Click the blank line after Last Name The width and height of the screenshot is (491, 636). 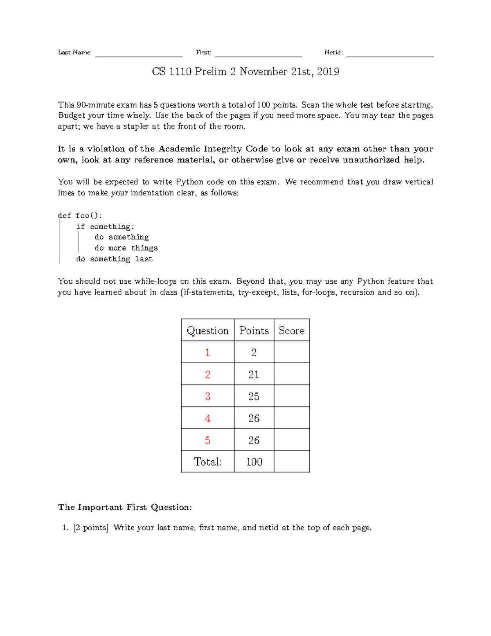tap(139, 55)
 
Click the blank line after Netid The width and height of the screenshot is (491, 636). tap(390, 55)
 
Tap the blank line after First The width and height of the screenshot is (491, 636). tap(258, 55)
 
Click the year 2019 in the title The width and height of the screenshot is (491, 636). tap(328, 72)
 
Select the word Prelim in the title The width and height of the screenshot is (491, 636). tap(211, 72)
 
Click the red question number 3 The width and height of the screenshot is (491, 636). tap(207, 396)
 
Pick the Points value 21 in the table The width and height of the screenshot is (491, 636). tap(254, 374)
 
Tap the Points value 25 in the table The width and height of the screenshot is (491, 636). tap(254, 396)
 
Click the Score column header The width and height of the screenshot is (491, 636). tap(292, 330)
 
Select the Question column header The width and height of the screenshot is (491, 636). tap(207, 330)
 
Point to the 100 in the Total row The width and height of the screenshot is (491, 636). tap(254, 462)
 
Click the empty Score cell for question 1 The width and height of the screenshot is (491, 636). tap(292, 352)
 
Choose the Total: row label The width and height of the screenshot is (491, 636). tap(207, 462)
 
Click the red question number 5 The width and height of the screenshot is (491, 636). tap(207, 441)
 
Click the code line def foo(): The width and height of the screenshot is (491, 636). tap(80, 215)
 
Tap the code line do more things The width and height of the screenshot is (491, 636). tap(126, 248)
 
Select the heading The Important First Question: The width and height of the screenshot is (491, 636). tap(125, 507)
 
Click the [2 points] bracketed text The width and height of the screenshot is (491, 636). tap(91, 528)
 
